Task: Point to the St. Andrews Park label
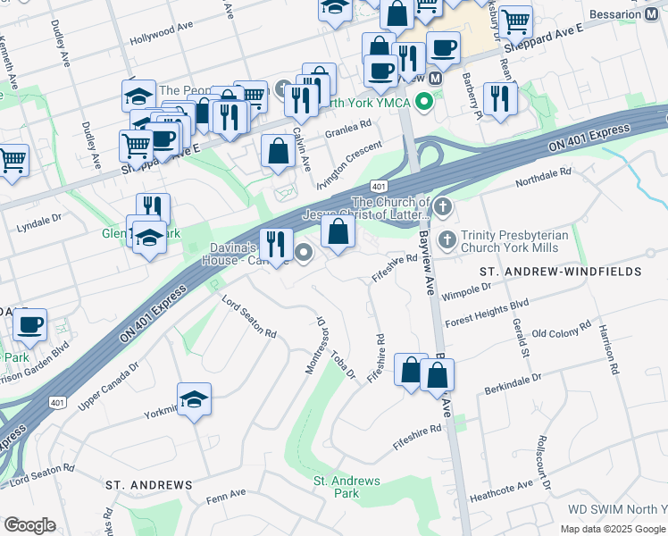346,487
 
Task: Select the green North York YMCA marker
425,101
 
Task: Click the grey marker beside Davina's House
305,253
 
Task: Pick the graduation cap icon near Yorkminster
194,399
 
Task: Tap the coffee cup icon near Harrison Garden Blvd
30,324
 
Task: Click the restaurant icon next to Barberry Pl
499,97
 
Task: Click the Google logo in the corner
29,525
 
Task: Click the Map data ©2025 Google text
612,529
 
